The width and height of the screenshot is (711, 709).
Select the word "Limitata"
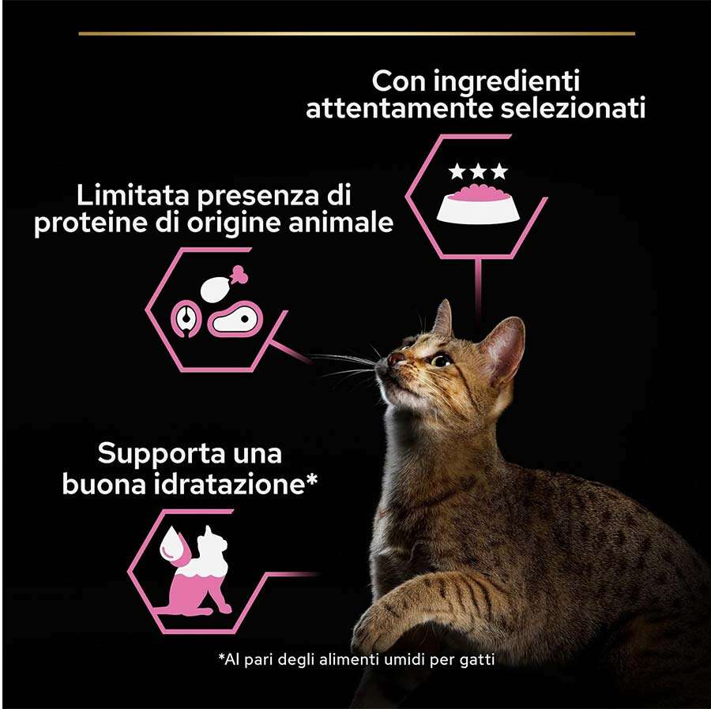[133, 196]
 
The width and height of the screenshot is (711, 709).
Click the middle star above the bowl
[479, 171]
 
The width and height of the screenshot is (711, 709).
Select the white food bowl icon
[478, 204]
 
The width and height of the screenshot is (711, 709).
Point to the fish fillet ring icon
[186, 319]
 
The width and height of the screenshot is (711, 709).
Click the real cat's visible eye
[440, 361]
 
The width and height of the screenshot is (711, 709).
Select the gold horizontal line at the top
[357, 33]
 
